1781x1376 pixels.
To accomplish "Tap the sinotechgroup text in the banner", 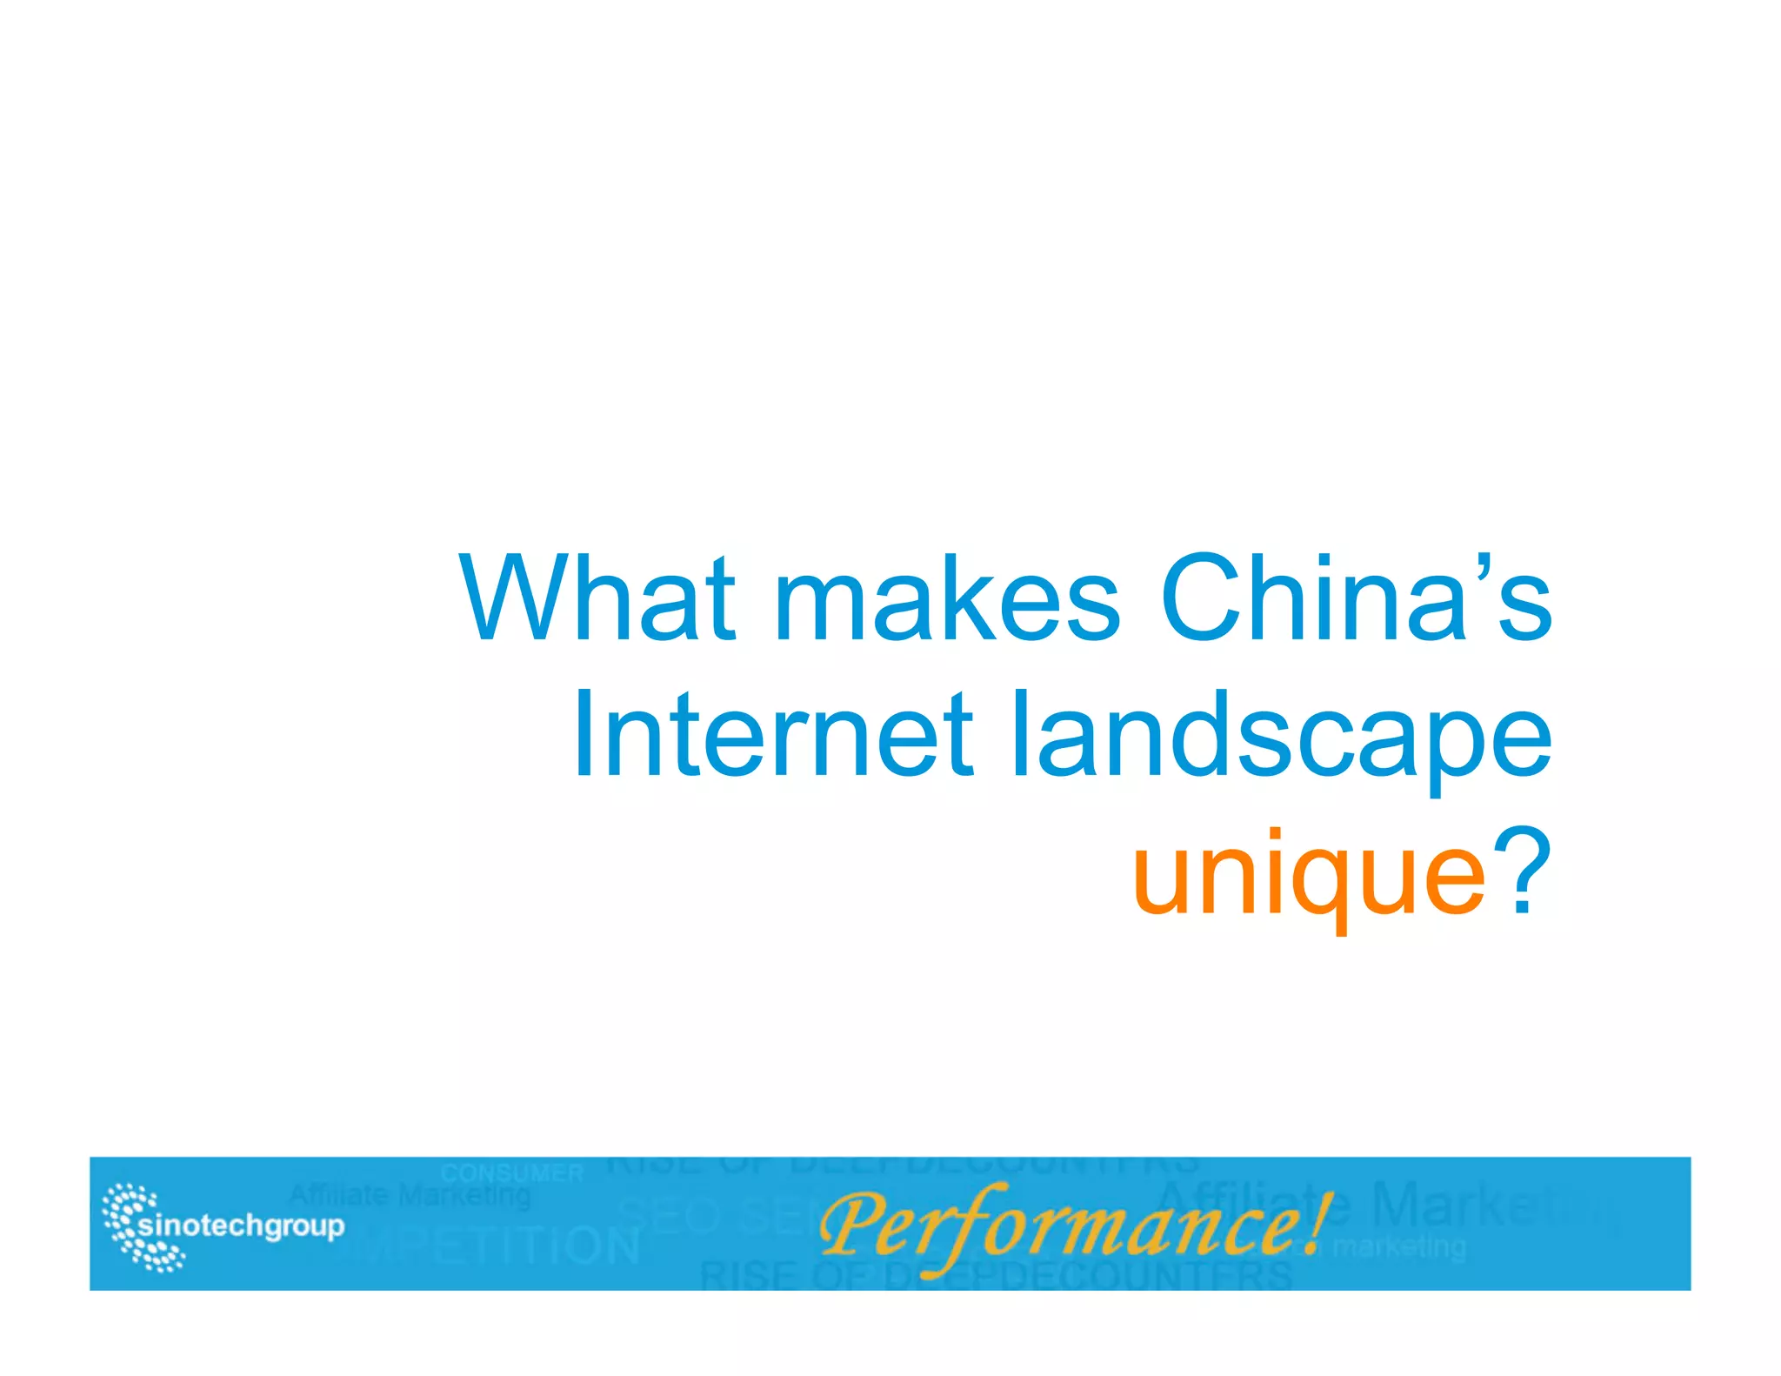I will tap(242, 1226).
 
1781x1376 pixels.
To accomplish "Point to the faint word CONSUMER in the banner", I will tap(511, 1173).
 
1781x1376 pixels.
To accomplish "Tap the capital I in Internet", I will tap(582, 735).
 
